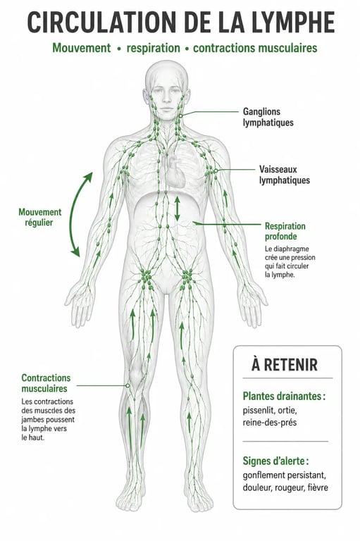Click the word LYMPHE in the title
point(293,22)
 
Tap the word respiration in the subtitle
point(154,49)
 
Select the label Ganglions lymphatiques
point(268,117)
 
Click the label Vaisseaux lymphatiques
point(285,175)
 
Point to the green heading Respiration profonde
point(285,231)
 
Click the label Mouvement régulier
point(40,217)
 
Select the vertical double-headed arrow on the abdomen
point(177,209)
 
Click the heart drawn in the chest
point(175,171)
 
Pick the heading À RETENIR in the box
point(285,365)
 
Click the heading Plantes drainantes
point(284,396)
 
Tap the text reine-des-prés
point(270,423)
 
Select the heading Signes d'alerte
point(275,461)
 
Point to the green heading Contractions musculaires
point(46,383)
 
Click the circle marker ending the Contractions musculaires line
point(128,385)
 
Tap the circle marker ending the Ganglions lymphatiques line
point(180,116)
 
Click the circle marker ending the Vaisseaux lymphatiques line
point(216,170)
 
